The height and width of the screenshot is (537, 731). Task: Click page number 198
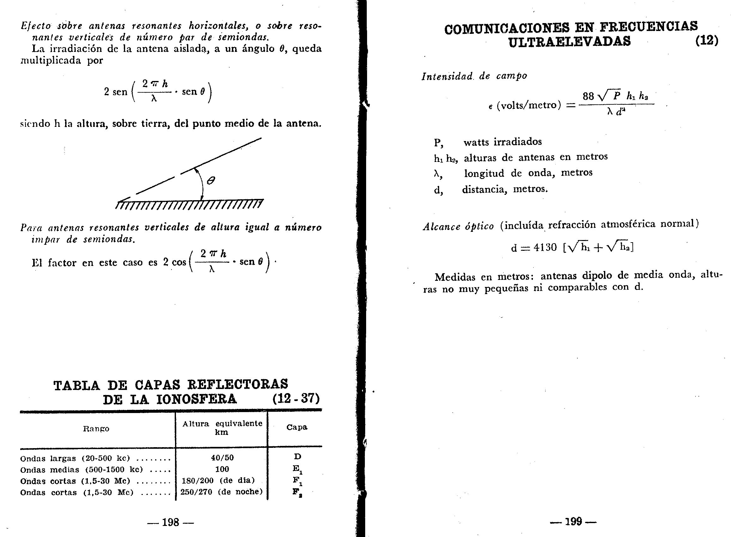click(171, 522)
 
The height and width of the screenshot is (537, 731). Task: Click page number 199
click(573, 522)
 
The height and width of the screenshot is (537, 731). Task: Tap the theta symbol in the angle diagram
click(211, 180)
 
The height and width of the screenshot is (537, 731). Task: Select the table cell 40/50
click(222, 458)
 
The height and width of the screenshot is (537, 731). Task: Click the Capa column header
click(297, 427)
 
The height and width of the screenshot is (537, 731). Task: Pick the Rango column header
click(96, 429)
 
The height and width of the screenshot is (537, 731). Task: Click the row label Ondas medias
click(49, 470)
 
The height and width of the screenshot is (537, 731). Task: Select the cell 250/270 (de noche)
click(221, 492)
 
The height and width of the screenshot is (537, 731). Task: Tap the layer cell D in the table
click(297, 457)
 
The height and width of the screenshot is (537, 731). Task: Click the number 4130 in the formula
click(545, 248)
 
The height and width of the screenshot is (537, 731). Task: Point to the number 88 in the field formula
click(588, 96)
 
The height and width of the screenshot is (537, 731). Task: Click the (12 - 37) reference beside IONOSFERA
click(296, 398)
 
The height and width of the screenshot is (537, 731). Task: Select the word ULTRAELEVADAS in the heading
click(570, 42)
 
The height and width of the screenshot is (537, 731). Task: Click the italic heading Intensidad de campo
click(474, 76)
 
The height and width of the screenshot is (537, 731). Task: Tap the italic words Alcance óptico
click(458, 226)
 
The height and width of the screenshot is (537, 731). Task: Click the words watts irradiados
click(502, 142)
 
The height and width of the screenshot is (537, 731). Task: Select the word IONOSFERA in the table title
click(196, 399)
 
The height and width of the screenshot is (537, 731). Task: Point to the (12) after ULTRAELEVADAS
click(706, 40)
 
